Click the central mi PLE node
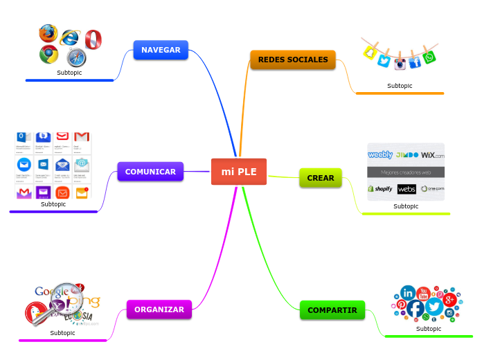click(x=238, y=172)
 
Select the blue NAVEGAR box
click(x=161, y=50)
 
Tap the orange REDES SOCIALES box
click(x=293, y=60)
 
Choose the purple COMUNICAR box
click(x=150, y=172)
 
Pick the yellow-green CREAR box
click(x=321, y=178)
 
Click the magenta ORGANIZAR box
click(x=159, y=309)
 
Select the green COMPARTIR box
click(x=332, y=310)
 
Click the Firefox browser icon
click(x=48, y=33)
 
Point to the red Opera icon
click(x=93, y=39)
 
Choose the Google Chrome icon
click(x=48, y=54)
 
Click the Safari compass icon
click(x=76, y=57)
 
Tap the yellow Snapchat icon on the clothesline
click(x=371, y=53)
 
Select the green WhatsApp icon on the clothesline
click(x=429, y=57)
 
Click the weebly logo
click(x=380, y=155)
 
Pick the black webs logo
click(x=407, y=189)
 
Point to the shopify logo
click(x=380, y=188)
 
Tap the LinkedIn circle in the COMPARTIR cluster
click(x=408, y=293)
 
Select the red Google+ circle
click(x=449, y=299)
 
